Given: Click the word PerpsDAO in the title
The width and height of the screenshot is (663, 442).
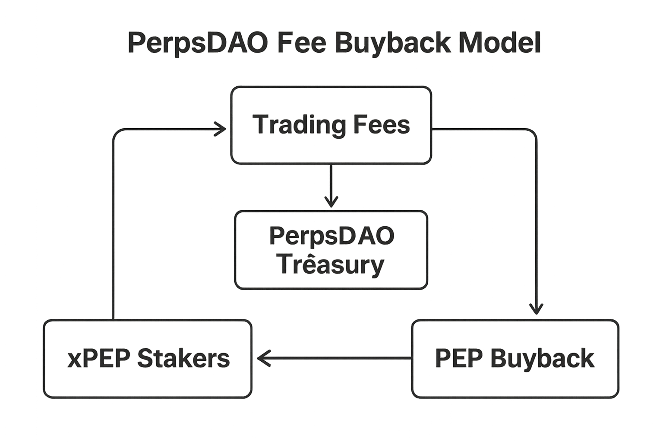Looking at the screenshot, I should tap(198, 43).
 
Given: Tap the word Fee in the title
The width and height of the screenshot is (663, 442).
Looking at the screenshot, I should tap(301, 43).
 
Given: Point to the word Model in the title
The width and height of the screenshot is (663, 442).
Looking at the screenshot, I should tap(499, 43).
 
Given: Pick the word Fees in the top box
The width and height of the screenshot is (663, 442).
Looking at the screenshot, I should tap(382, 125).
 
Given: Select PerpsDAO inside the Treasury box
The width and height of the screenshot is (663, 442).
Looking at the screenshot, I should tap(331, 236).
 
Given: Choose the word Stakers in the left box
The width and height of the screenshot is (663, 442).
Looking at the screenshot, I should tap(183, 358).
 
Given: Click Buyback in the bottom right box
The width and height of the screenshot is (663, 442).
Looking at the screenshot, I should tap(542, 358).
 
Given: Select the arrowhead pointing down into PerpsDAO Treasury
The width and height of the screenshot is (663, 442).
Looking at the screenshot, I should tap(331, 202).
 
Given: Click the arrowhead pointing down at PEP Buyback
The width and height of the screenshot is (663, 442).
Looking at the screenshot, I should tap(536, 309).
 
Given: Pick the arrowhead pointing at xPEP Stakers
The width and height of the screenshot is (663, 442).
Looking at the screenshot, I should tap(262, 358).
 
